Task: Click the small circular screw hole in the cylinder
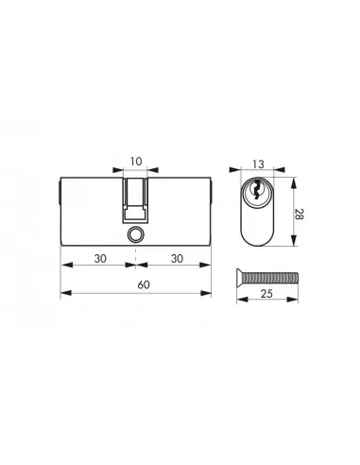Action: pos(135,232)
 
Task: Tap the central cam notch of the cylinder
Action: pos(135,198)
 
